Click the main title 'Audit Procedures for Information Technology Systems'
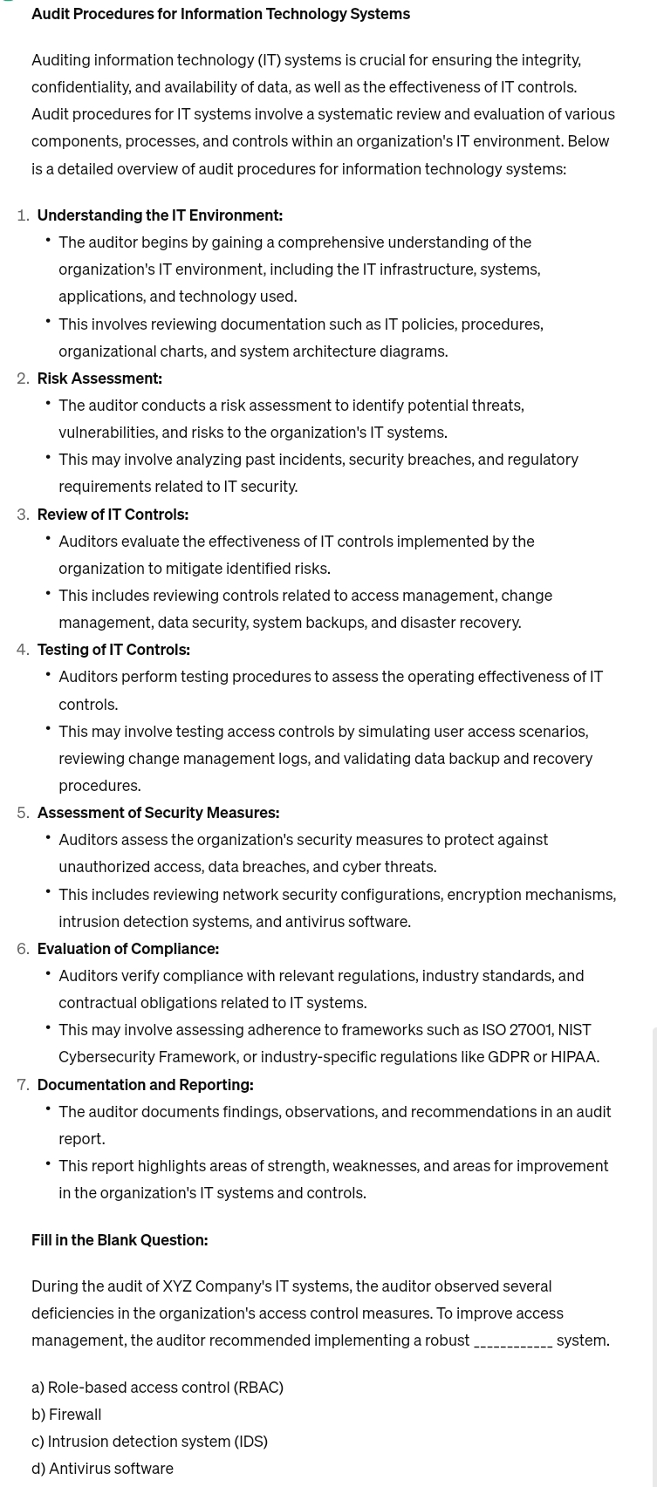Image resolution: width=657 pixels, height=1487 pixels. [221, 13]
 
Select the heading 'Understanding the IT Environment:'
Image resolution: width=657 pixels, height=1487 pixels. [160, 215]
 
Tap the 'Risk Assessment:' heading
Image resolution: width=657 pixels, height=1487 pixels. [99, 378]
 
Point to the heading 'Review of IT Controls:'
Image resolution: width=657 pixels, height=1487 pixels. [113, 514]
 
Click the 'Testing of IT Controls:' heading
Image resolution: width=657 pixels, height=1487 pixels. [113, 649]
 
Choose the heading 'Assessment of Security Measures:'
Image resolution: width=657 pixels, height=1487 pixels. [158, 812]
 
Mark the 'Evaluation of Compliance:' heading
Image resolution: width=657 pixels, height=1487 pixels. [127, 948]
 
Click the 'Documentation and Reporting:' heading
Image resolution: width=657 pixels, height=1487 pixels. [145, 1084]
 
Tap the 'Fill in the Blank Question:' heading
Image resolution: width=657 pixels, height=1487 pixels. [120, 1239]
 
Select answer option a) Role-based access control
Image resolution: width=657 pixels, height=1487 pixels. [157, 1387]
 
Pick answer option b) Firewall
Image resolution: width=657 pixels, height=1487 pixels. [66, 1414]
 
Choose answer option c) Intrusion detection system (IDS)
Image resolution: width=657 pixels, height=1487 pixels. [149, 1441]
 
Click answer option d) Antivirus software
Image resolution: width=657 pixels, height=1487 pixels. [102, 1468]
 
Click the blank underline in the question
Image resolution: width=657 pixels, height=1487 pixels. [513, 1341]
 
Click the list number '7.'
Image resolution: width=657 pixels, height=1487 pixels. [23, 1084]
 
